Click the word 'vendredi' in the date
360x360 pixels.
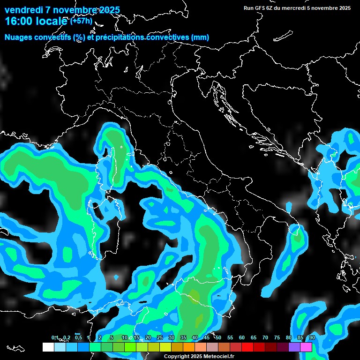(23, 10)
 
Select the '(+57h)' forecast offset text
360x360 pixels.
(81, 21)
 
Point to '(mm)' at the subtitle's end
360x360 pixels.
(200, 37)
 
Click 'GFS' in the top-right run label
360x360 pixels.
(260, 8)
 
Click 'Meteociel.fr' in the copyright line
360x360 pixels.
(218, 357)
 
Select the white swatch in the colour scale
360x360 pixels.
(48, 347)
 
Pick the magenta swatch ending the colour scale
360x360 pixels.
(306, 347)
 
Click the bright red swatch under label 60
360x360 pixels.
(247, 347)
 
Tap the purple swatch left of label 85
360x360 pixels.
(294, 347)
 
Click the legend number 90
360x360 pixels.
(312, 338)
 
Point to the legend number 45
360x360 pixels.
(207, 338)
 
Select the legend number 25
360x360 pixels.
(160, 338)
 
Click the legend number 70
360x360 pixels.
(265, 338)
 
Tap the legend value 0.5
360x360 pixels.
(79, 338)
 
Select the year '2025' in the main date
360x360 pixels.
(106, 10)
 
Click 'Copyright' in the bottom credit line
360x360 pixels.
(176, 357)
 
